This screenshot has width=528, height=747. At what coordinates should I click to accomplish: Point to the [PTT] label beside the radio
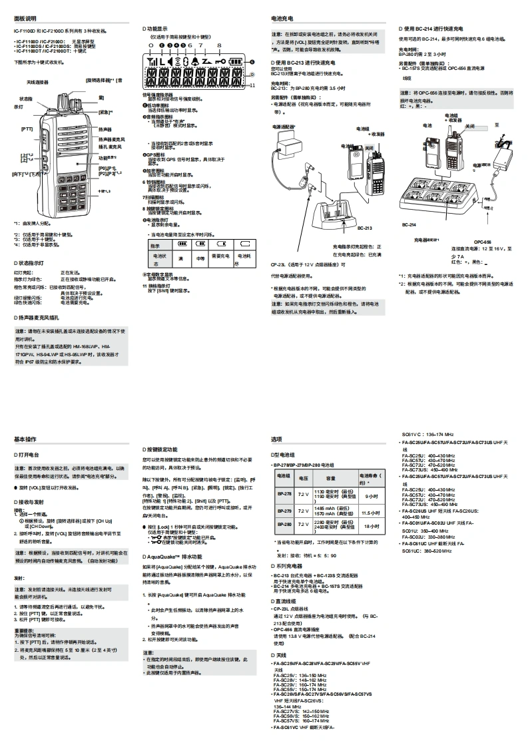[x=27, y=128]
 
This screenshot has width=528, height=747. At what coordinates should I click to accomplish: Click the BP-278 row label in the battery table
[x=284, y=494]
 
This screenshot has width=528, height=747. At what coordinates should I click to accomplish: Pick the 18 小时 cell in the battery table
[x=370, y=526]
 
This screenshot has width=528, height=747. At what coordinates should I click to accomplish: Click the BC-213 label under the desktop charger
[x=364, y=228]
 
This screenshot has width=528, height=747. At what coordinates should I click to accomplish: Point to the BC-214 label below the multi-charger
[x=409, y=225]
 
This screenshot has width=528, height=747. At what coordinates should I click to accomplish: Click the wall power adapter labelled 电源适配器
[x=290, y=142]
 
